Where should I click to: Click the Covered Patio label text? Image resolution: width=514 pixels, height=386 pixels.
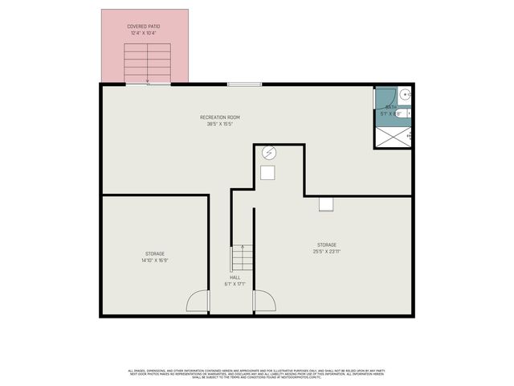tap(143, 27)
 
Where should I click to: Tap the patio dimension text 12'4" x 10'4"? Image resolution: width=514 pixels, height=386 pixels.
tap(143, 32)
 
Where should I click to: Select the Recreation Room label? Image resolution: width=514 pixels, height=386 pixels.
tap(220, 117)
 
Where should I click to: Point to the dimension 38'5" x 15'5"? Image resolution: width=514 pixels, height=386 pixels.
tap(220, 124)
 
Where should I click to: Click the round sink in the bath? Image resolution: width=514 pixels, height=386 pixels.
tap(406, 95)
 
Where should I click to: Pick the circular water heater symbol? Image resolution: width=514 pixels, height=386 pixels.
tap(270, 152)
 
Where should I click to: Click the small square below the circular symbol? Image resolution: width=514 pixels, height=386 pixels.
tap(267, 172)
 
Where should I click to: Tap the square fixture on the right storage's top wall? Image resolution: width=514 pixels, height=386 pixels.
tap(326, 203)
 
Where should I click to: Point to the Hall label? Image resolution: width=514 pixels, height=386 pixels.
tap(235, 278)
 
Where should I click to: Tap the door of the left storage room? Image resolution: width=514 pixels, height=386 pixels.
tap(198, 302)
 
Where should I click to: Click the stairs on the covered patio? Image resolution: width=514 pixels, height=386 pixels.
tap(147, 62)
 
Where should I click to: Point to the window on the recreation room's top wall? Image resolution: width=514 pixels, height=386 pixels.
tap(243, 84)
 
